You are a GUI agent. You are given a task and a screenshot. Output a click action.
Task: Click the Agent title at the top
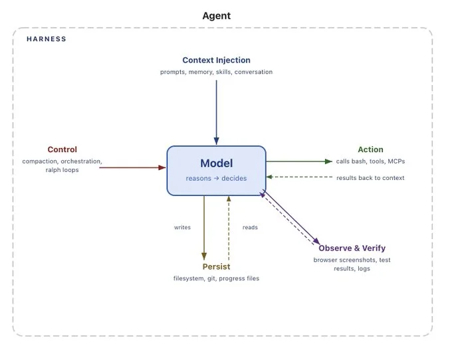[x=216, y=15]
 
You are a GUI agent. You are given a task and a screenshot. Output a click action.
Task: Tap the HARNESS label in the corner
[x=47, y=39]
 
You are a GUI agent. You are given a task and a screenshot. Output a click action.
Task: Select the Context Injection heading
[x=216, y=60]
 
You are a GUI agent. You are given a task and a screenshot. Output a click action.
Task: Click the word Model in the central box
[x=216, y=163]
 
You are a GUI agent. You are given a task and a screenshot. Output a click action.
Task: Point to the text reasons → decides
[x=216, y=178]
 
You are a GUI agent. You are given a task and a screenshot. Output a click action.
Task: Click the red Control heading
[x=62, y=149]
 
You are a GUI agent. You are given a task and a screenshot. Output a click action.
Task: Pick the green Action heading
[x=370, y=149]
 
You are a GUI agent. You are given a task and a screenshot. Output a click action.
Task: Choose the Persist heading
[x=216, y=266]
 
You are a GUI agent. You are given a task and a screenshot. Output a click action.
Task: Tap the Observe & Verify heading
[x=352, y=248]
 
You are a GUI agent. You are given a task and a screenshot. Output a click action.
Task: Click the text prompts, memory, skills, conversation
[x=216, y=72]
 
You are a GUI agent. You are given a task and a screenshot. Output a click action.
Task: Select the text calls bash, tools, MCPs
[x=370, y=161]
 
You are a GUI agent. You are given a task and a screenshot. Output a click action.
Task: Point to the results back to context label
[x=370, y=178]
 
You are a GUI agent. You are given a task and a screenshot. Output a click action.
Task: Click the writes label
[x=182, y=227]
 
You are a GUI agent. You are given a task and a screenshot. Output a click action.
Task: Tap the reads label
[x=250, y=227]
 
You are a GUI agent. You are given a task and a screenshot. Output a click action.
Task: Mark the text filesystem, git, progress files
[x=216, y=278]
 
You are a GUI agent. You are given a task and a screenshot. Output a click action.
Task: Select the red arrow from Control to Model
[x=133, y=167]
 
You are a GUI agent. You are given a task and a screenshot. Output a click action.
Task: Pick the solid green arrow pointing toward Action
[x=299, y=161]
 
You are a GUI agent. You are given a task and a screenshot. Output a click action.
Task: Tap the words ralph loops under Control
[x=62, y=170]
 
